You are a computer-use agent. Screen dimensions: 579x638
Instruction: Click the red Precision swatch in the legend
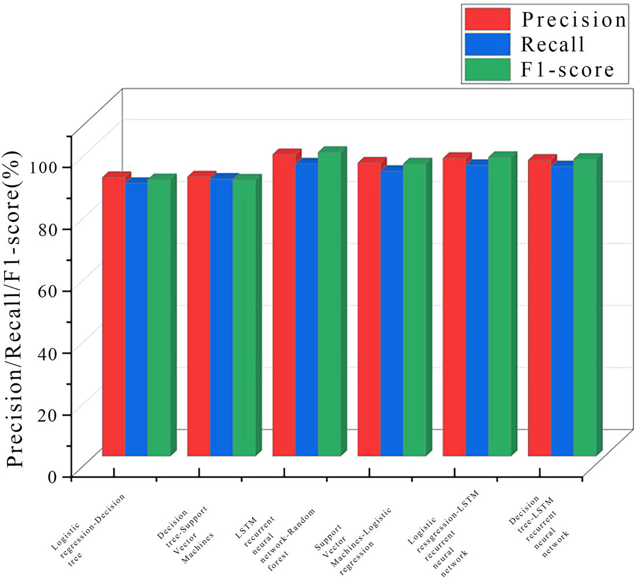(487, 19)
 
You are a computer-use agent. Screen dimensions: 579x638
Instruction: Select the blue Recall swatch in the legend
(487, 45)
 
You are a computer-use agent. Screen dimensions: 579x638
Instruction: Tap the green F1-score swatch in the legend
(487, 69)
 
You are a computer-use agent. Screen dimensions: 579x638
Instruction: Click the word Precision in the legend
(574, 20)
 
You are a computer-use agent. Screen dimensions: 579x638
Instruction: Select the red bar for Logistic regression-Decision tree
(113, 316)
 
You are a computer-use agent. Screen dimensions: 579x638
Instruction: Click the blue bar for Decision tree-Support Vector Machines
(221, 317)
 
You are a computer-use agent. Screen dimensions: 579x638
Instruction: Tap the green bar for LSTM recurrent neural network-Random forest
(329, 304)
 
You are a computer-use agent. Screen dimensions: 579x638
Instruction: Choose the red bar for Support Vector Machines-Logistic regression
(369, 309)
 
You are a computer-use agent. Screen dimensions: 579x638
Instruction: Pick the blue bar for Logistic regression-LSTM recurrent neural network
(476, 310)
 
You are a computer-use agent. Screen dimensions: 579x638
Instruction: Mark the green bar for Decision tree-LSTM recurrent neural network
(585, 307)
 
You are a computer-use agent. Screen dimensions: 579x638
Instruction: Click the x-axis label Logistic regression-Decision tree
(87, 510)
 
